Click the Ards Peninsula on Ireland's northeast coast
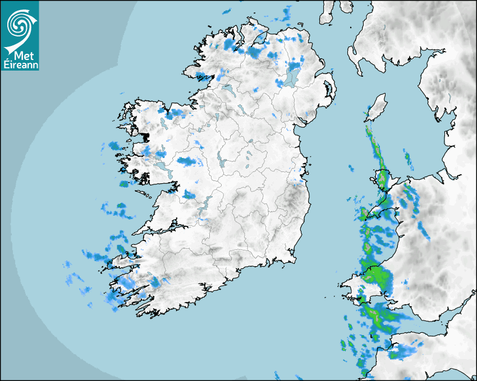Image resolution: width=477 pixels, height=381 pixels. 329,90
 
